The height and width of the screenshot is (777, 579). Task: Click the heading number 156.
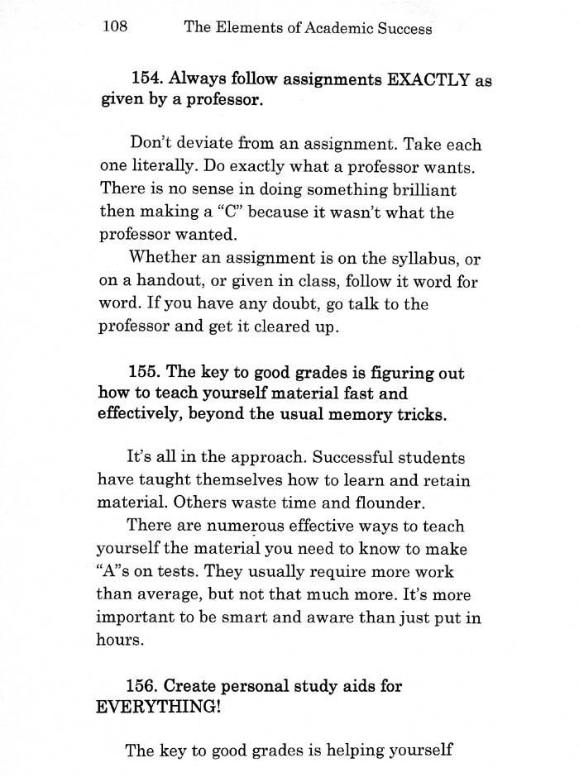(x=146, y=686)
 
